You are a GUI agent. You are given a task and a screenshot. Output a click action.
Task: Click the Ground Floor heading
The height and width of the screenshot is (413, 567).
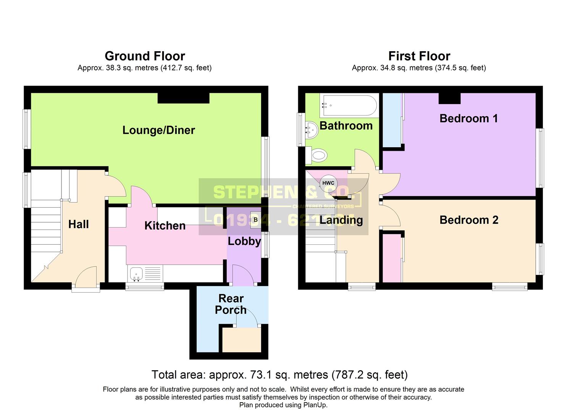click(x=145, y=56)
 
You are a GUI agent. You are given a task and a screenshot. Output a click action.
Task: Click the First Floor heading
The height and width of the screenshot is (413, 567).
click(x=419, y=56)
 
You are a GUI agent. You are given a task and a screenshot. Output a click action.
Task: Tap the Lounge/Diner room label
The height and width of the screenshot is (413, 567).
click(x=158, y=130)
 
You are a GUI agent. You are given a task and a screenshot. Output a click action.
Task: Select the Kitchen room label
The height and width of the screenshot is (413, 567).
click(x=165, y=226)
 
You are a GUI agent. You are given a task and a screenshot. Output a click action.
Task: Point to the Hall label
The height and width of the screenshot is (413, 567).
click(x=78, y=224)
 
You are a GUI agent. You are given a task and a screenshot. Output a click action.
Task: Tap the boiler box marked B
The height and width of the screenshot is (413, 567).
click(x=255, y=220)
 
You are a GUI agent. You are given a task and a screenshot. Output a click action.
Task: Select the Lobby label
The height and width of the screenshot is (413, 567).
click(x=244, y=241)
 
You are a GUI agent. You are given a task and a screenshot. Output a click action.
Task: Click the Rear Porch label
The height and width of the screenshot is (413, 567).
click(x=231, y=304)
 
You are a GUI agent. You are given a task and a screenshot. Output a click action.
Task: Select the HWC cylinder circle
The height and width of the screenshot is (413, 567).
click(x=328, y=183)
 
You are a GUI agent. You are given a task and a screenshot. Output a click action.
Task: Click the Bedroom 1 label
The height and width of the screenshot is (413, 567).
click(x=468, y=119)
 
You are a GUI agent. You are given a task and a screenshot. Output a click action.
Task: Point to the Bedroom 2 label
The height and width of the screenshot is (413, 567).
click(x=468, y=220)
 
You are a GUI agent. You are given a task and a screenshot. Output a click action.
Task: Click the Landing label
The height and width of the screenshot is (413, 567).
click(x=341, y=220)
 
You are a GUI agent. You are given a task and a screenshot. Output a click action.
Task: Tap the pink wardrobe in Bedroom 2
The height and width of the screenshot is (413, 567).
click(x=392, y=259)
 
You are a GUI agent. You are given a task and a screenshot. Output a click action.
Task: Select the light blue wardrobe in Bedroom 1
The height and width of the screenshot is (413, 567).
click(x=392, y=120)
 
